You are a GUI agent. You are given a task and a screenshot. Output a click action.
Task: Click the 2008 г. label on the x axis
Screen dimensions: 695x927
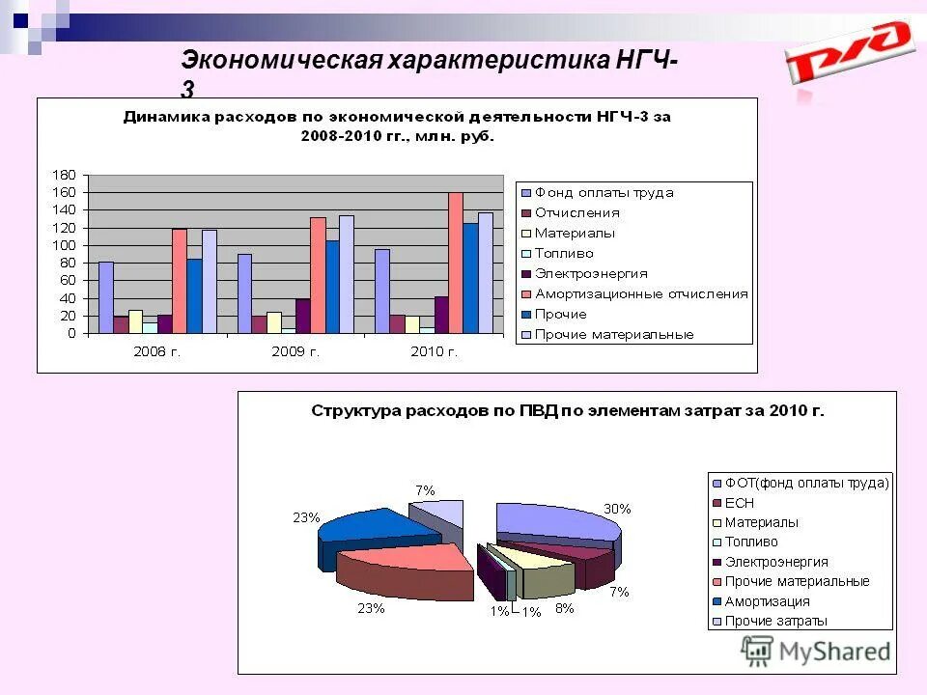156,351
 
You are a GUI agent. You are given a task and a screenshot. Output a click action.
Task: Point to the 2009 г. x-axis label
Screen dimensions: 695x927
295,351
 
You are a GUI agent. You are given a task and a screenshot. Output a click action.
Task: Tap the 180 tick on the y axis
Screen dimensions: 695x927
63,175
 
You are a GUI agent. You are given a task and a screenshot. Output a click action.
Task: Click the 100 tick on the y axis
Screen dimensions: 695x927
63,245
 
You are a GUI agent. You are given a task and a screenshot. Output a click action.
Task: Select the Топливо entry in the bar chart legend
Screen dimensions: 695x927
565,253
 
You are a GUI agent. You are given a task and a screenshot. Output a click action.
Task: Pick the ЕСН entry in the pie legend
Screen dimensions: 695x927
739,503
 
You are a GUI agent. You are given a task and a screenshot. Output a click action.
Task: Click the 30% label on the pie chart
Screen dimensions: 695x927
618,509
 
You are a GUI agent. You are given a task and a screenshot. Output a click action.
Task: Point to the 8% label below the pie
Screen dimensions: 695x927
564,608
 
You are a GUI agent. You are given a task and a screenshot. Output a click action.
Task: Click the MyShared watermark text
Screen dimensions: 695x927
835,652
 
